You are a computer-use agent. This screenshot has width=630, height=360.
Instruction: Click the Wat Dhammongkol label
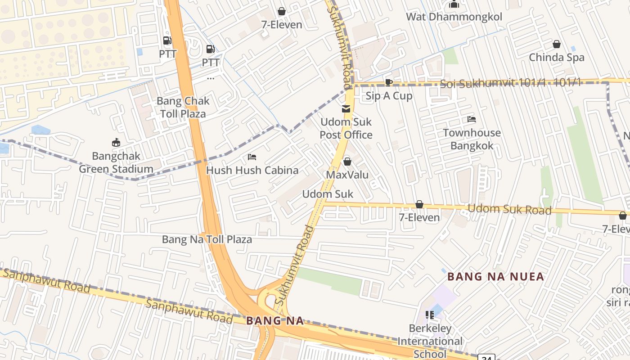tap(454, 17)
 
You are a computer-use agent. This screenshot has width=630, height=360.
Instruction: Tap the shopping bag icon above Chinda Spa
tap(557, 44)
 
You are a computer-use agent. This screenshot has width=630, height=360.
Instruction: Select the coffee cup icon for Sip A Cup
tap(388, 82)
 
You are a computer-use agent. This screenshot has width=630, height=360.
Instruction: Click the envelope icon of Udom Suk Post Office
tap(346, 108)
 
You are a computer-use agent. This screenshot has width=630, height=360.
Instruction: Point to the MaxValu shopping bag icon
tap(347, 162)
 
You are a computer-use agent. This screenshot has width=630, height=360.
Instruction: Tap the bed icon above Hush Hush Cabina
tap(252, 157)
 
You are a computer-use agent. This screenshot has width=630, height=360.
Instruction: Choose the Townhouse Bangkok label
tap(472, 139)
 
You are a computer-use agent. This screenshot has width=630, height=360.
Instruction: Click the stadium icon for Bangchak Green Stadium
tap(116, 143)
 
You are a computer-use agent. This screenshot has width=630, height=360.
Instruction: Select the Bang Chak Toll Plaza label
tap(183, 107)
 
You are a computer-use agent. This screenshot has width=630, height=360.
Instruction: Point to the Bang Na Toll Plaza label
tap(207, 239)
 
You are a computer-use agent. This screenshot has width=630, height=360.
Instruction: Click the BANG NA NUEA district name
tap(496, 276)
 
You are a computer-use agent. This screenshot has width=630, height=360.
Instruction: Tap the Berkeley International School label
tap(430, 341)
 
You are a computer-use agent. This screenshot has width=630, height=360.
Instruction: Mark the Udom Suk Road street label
tap(509, 209)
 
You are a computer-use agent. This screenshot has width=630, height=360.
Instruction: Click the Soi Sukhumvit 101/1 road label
tap(510, 83)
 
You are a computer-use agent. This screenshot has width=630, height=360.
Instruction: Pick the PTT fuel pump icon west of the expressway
tap(167, 40)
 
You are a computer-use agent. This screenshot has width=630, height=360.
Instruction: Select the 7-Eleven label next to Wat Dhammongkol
tap(282, 25)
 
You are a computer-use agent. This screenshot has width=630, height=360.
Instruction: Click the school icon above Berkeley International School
tap(429, 315)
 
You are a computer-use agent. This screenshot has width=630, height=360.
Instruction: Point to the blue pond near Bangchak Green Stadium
tap(40, 130)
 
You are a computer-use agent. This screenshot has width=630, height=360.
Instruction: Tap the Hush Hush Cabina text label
tap(252, 170)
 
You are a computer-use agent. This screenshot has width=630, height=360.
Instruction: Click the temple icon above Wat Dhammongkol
tap(454, 4)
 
